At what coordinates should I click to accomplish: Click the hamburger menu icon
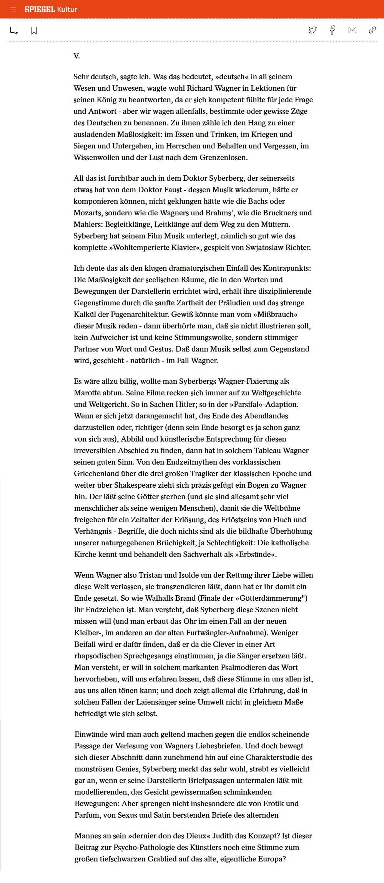click(x=13, y=9)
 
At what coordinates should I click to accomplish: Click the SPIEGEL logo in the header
click(x=40, y=9)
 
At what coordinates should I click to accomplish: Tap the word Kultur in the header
click(x=67, y=9)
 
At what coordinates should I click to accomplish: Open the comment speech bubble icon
click(x=14, y=30)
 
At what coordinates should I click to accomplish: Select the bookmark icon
click(x=34, y=30)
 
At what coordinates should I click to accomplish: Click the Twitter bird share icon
click(x=313, y=30)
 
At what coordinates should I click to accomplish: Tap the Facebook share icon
click(x=332, y=30)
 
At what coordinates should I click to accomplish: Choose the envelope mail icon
click(x=352, y=30)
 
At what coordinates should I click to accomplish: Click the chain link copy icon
click(x=372, y=30)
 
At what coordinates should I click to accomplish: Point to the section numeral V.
click(x=77, y=56)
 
